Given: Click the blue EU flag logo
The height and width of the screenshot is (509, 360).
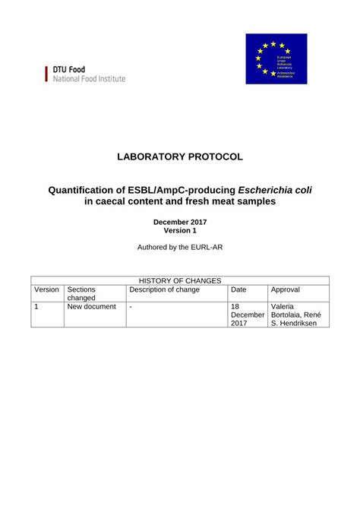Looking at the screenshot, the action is click(276, 58).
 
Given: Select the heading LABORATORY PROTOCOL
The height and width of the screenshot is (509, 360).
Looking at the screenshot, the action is click(180, 156).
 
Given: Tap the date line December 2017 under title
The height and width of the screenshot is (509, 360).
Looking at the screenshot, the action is click(180, 222).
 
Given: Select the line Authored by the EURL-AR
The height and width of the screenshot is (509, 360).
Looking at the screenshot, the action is click(180, 248).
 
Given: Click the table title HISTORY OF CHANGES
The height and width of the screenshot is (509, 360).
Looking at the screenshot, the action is click(180, 281).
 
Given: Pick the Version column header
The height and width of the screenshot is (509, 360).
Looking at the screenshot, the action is click(46, 289).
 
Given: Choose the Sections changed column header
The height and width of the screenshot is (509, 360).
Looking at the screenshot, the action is click(82, 294).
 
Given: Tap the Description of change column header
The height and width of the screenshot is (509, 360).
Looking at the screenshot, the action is click(165, 289).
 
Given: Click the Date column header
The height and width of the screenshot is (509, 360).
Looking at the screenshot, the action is click(238, 289).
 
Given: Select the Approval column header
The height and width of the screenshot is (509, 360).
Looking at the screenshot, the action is click(286, 289).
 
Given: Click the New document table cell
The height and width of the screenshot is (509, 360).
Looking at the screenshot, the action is click(91, 307).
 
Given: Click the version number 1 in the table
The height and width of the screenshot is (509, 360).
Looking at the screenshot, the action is click(36, 307).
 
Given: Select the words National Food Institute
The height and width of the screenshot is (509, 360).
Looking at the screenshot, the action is click(89, 79).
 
